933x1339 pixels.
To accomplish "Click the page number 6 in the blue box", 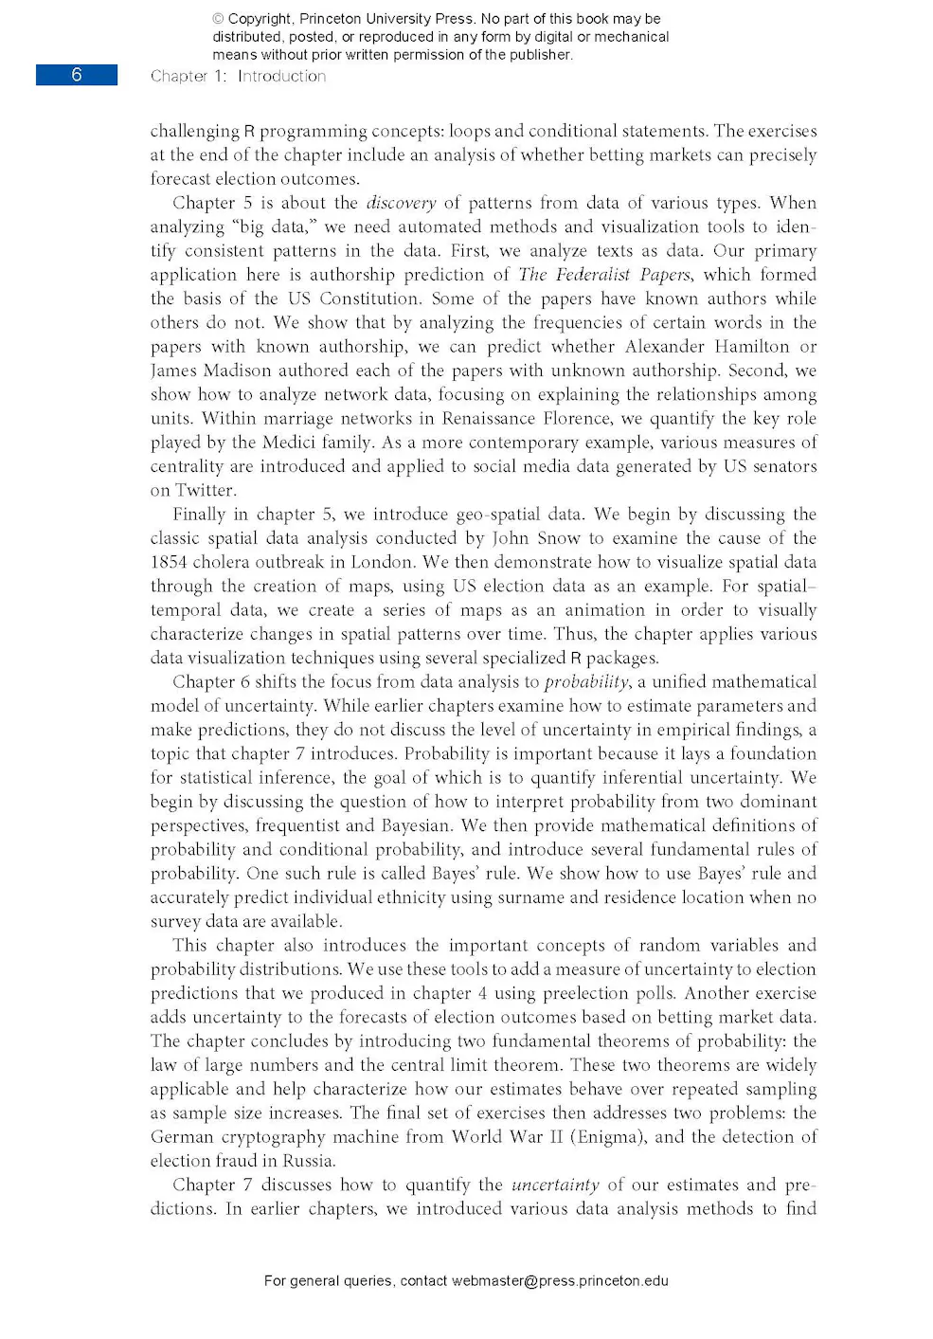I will click(77, 75).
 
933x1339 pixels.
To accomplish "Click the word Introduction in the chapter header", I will click(281, 76).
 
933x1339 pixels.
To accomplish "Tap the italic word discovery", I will click(401, 203).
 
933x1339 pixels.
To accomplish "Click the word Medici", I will click(289, 443).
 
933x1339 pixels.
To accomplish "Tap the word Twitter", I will click(205, 491).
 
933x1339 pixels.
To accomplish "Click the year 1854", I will click(169, 562).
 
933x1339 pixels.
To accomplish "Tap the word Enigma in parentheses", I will click(606, 1137).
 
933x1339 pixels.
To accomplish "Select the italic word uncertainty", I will click(555, 1185).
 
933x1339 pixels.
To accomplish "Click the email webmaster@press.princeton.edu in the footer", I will click(559, 1280).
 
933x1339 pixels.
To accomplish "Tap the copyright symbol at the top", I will click(218, 19).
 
